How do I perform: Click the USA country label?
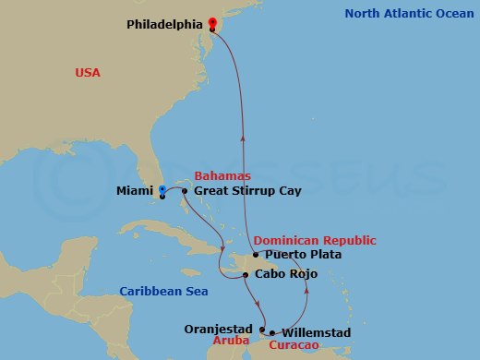pos(89,72)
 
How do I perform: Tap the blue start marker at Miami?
pos(162,190)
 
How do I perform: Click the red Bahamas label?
pos(223,175)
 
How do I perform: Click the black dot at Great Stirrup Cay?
pos(185,191)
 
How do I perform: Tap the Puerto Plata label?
pos(303,255)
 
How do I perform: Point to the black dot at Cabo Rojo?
pos(246,274)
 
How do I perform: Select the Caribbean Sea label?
pos(163,292)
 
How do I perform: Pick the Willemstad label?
pos(316,330)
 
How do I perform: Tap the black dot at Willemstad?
pos(272,332)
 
